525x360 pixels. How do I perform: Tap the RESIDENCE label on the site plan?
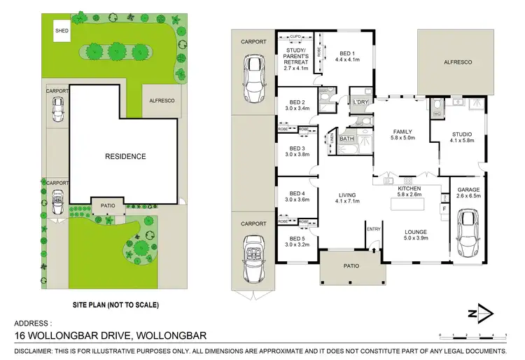(125, 156)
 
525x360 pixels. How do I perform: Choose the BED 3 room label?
(297, 148)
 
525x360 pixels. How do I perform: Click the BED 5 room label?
(297, 238)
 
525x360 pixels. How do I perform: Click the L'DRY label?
(361, 103)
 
